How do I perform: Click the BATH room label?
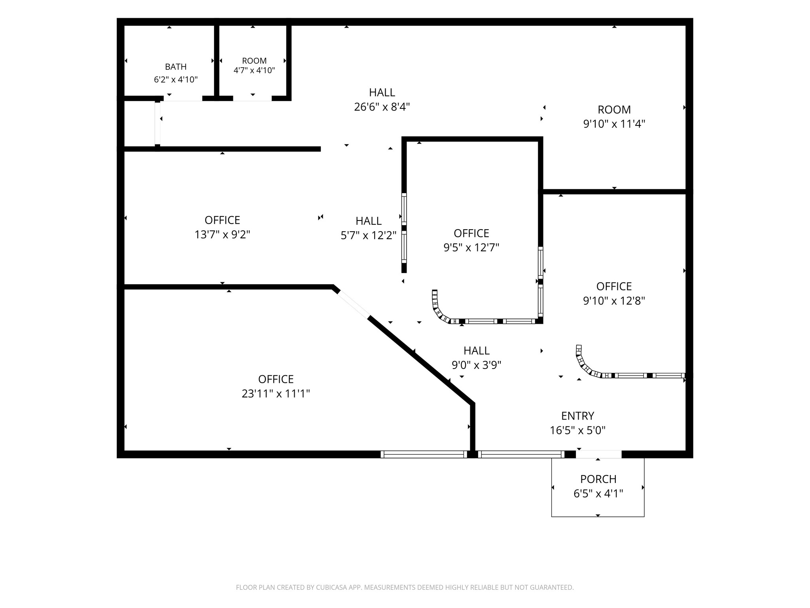(x=176, y=67)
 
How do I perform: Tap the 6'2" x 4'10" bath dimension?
(x=176, y=80)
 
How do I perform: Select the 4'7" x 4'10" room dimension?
(x=254, y=70)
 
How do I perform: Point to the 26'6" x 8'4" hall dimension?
(x=382, y=107)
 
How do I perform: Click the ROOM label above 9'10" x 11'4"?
(x=614, y=110)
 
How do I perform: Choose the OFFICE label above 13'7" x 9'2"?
(x=222, y=220)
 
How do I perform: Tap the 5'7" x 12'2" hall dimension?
(x=369, y=236)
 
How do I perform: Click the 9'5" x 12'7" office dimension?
(x=471, y=248)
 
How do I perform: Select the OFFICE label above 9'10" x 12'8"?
(x=614, y=286)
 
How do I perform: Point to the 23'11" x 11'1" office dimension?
(x=276, y=394)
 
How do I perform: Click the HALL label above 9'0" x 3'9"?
(x=477, y=351)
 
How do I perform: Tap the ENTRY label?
(x=578, y=416)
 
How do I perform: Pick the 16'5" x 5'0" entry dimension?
(x=578, y=430)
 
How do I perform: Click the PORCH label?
(x=598, y=479)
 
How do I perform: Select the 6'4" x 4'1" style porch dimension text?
(x=598, y=494)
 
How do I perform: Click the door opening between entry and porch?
(x=599, y=454)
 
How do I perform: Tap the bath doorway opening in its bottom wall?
(x=183, y=99)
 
